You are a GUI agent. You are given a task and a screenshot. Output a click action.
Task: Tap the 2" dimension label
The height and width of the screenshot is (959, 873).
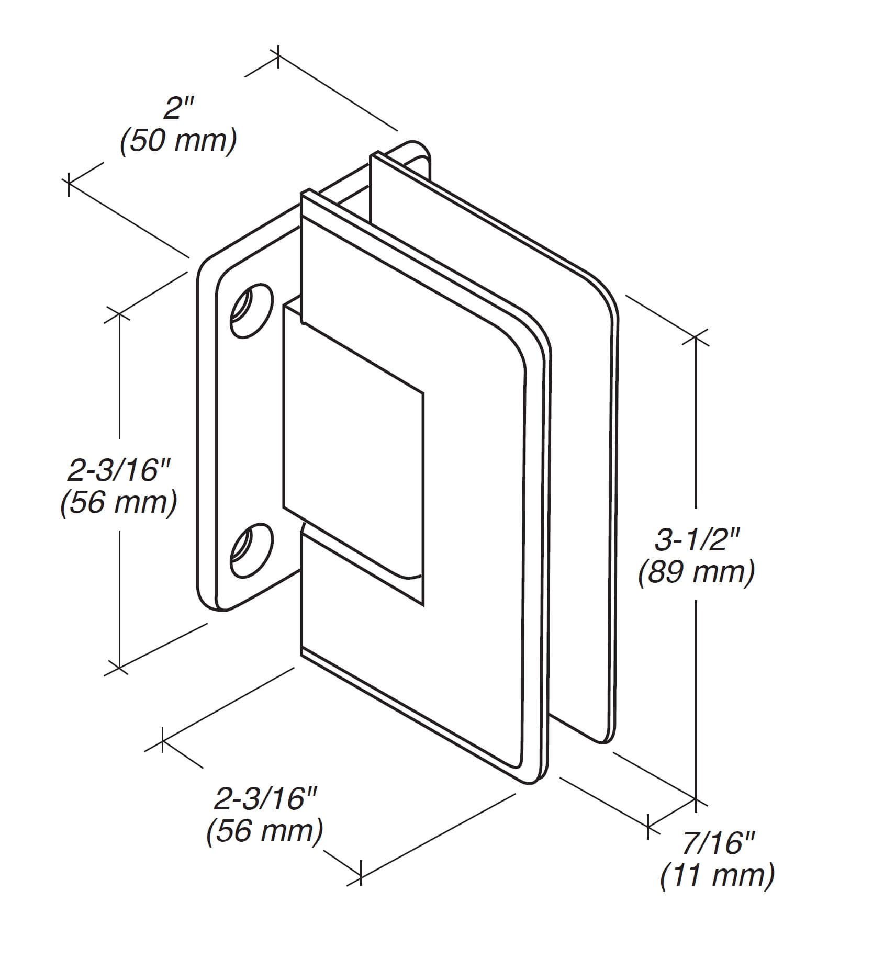click(178, 108)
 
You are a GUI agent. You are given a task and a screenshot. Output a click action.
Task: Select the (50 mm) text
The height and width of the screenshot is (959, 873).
click(178, 141)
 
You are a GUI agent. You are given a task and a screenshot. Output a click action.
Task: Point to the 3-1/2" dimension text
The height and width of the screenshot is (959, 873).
click(696, 539)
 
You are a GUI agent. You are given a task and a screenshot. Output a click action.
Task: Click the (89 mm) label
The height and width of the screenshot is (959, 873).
click(696, 573)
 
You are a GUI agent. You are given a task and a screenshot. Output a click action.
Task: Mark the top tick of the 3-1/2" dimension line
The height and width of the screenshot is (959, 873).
click(696, 337)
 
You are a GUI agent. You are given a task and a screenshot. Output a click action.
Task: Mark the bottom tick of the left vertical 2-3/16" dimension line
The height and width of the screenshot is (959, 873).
click(120, 668)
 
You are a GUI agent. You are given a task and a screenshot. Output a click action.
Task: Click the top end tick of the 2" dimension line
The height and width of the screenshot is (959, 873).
click(278, 56)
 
